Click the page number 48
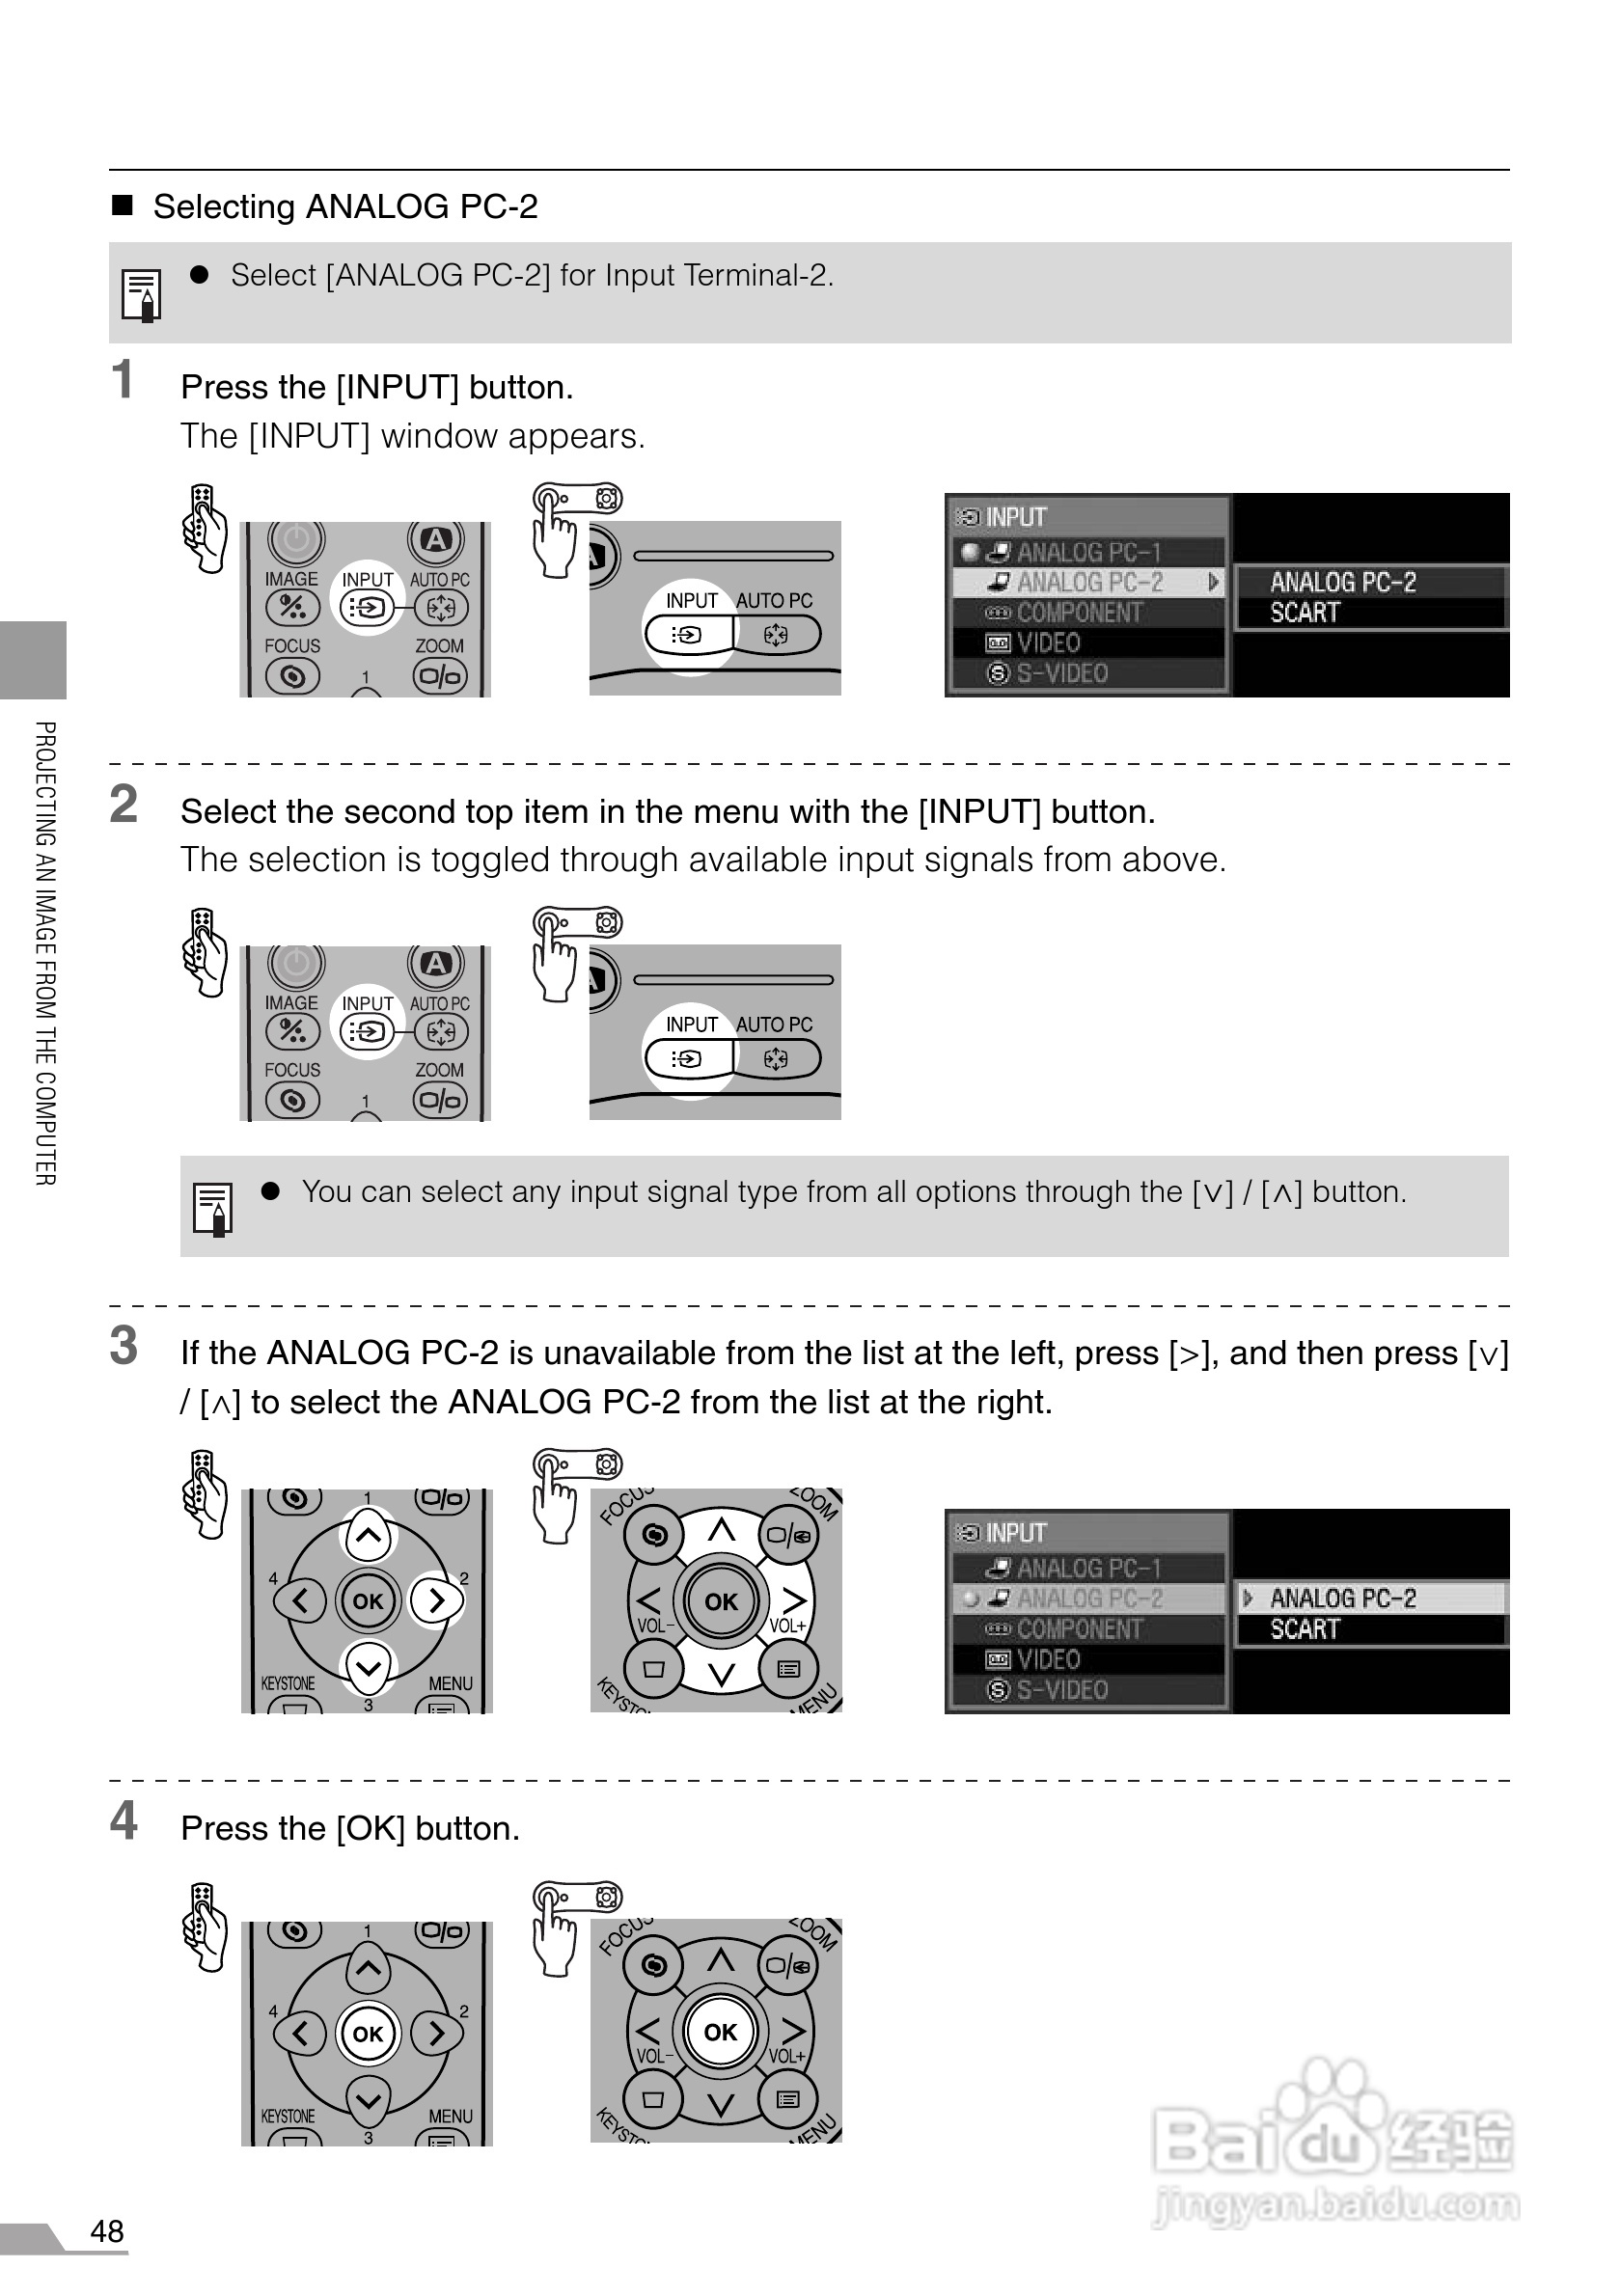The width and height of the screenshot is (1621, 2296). (107, 2231)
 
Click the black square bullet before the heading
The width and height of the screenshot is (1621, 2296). (122, 206)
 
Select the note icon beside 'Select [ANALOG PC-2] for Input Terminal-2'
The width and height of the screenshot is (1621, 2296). (141, 295)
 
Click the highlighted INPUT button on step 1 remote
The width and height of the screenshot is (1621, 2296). (367, 607)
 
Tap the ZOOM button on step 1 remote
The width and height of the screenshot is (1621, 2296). (440, 677)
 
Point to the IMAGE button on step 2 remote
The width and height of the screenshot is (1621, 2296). (292, 1031)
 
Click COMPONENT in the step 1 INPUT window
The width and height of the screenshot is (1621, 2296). (1078, 613)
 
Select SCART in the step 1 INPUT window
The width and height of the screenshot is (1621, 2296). (1304, 613)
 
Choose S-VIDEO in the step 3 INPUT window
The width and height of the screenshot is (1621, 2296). (1061, 1690)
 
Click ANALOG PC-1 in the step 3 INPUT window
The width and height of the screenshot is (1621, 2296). (1088, 1568)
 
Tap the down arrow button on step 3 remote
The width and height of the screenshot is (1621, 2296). (368, 1667)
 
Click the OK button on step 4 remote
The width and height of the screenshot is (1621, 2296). (367, 2033)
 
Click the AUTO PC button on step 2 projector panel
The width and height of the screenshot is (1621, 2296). (777, 1058)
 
